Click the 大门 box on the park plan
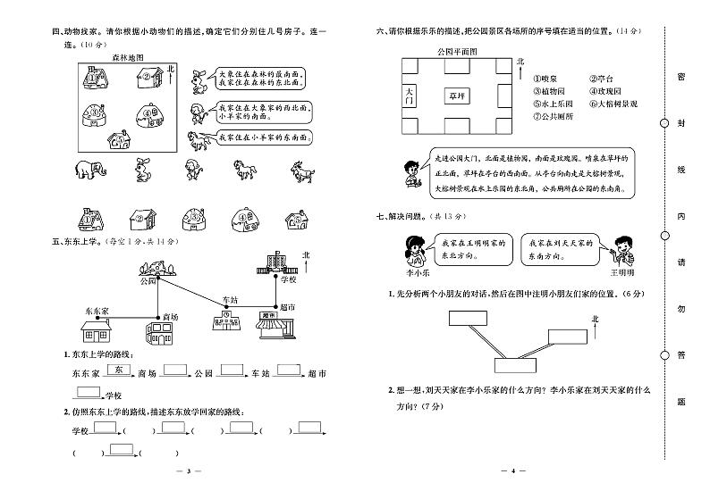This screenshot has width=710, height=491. [x=410, y=96]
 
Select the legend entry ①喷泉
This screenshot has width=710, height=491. [x=547, y=79]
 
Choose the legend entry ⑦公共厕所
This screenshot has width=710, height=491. [x=554, y=116]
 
